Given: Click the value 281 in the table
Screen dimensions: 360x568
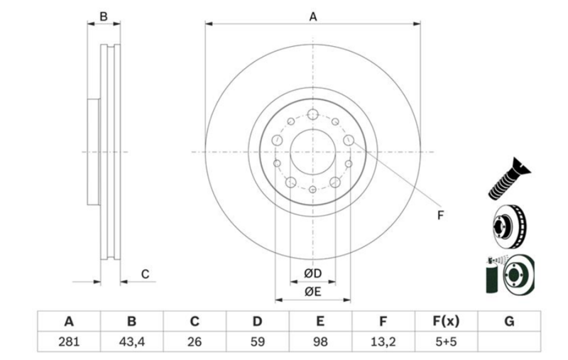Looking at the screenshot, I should coord(69,342).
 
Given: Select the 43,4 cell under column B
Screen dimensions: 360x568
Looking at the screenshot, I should coord(132,342).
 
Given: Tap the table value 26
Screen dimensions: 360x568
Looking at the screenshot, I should coord(195,342).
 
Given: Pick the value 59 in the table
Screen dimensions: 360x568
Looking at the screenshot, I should coord(258,342).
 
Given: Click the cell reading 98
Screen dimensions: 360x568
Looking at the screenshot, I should coord(320,342).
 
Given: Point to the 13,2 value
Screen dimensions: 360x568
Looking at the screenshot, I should coord(383,342).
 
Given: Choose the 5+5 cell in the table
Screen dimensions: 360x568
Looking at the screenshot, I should coord(446,342).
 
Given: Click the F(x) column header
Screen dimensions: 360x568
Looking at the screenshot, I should coord(446,321).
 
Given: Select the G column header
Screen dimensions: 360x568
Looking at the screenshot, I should coord(508,321).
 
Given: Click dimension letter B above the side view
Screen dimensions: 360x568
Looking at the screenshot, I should coord(104,16).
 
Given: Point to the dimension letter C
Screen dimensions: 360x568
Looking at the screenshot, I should coord(145,274).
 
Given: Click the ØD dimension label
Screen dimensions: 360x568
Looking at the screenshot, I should coord(313,273).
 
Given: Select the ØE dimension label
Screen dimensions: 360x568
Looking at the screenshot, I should coord(313,292).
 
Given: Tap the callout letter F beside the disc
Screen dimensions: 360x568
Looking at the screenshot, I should coord(440,215).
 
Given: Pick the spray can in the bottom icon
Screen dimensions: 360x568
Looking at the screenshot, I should coord(491,276).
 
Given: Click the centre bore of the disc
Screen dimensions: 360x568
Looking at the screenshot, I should coord(312,151).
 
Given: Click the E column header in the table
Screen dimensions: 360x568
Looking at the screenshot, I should coord(320,321).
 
